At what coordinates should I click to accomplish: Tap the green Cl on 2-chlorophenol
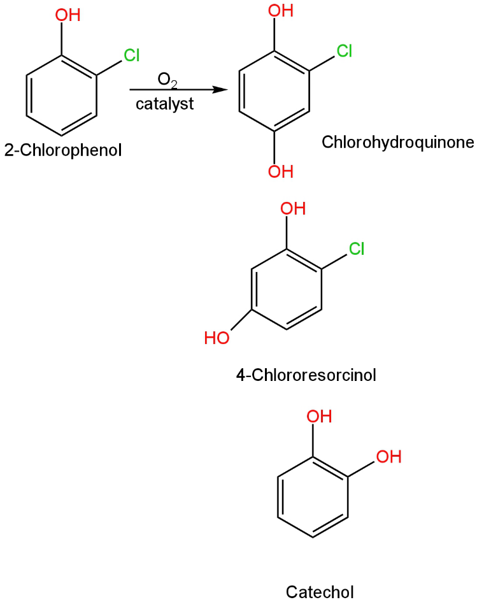pos(132,55)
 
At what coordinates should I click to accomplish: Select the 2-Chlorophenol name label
pos(62,151)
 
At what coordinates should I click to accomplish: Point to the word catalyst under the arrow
pos(164,104)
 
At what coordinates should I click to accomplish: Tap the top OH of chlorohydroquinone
pos(280,10)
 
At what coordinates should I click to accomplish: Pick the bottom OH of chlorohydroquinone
pos(280,171)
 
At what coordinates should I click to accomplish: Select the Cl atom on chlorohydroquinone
pos(345,50)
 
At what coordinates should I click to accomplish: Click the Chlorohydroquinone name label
pos(398,141)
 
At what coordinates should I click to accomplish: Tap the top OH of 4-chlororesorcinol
pos(293,208)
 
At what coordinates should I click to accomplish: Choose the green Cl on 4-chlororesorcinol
pos(357,248)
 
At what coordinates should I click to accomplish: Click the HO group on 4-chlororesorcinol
pos(217,338)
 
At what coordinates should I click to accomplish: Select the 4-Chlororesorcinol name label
pos(306,375)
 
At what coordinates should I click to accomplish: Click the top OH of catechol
pos(320,417)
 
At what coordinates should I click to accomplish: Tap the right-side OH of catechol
pos(388,457)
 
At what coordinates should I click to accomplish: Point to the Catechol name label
pos(320,592)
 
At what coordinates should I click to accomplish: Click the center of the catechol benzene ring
pos(313,497)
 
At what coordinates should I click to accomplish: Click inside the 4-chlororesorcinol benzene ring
pos(287,290)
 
